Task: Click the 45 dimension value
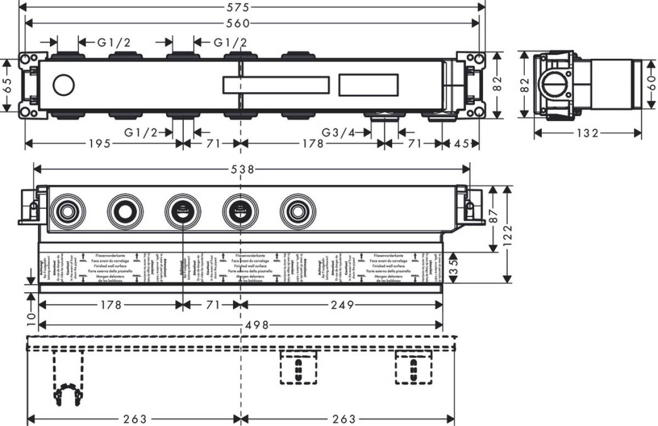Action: [x=462, y=144]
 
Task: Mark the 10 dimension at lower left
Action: [x=31, y=316]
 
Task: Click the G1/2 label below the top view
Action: [x=140, y=132]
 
